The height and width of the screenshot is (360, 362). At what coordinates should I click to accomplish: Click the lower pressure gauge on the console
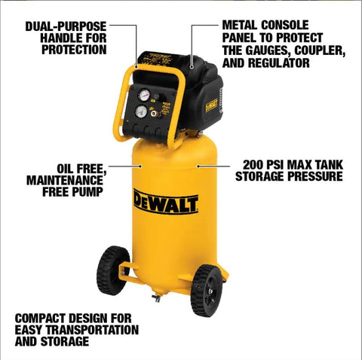click(x=141, y=111)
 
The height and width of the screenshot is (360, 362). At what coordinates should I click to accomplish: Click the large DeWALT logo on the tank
click(x=166, y=202)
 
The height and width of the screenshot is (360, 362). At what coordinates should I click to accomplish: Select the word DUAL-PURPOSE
click(x=64, y=26)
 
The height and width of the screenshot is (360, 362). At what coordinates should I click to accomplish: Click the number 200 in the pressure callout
click(x=254, y=163)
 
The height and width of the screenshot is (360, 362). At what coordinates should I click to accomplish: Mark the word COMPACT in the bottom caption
click(x=41, y=317)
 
